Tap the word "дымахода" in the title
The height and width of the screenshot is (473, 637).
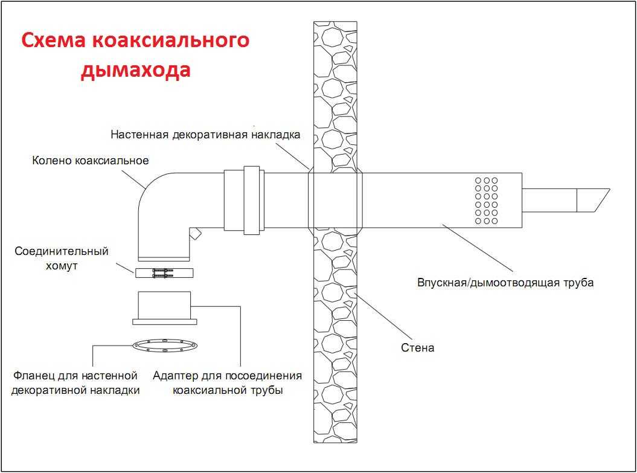pos(136,70)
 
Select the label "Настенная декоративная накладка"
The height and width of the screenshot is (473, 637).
pos(205,135)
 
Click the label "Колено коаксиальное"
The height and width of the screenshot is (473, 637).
pos(91,161)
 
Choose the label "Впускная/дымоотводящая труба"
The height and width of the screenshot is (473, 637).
pos(505,283)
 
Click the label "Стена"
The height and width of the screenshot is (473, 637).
pos(418,347)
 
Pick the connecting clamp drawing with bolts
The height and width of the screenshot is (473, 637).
pos(165,273)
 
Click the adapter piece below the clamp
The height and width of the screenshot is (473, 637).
pos(165,307)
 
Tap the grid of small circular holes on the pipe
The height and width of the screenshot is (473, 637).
pos(486,201)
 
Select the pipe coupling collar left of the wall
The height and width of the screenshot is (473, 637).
pos(243,200)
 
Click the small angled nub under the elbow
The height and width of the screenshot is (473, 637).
pos(195,234)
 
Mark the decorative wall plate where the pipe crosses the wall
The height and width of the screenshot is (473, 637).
pos(335,200)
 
